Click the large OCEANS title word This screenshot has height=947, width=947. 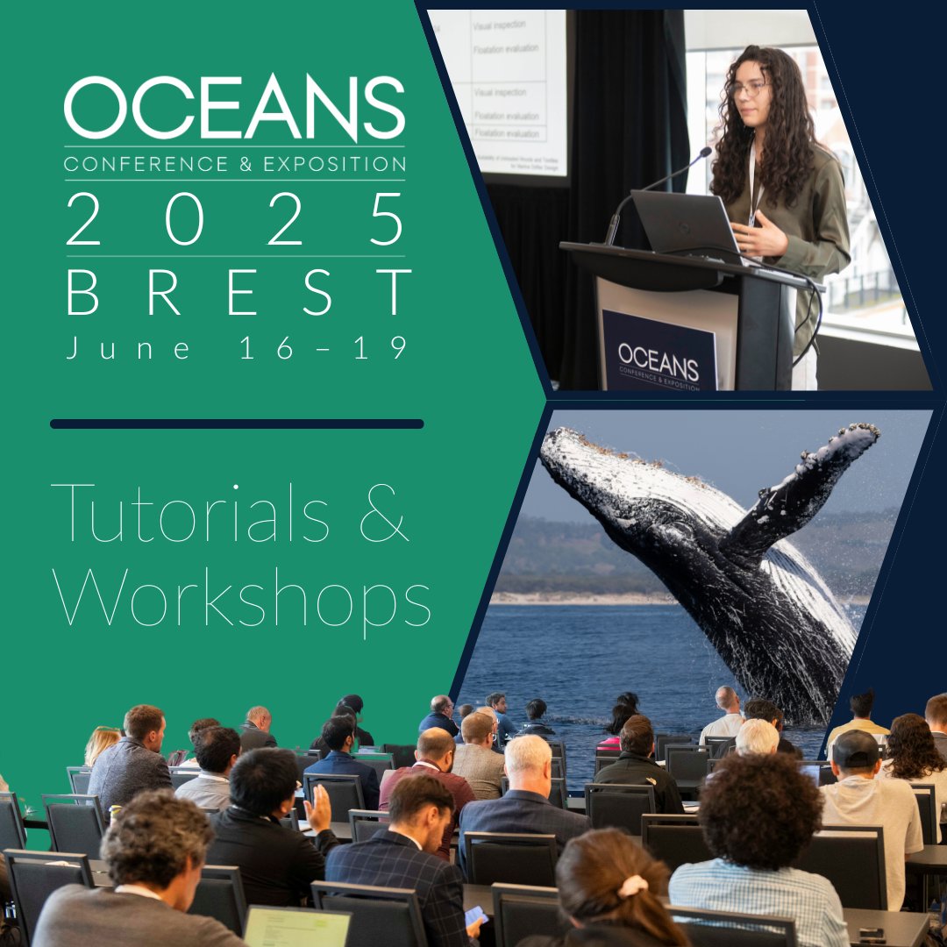234,108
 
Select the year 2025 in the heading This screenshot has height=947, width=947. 235,219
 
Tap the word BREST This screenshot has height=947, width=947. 239,292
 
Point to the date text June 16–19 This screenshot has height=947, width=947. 238,348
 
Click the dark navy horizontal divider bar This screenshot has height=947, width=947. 237,424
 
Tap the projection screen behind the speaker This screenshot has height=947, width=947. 509,88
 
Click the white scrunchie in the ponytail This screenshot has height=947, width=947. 632,886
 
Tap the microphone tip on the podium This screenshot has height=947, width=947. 705,153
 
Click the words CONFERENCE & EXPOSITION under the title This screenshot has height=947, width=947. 234,163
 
